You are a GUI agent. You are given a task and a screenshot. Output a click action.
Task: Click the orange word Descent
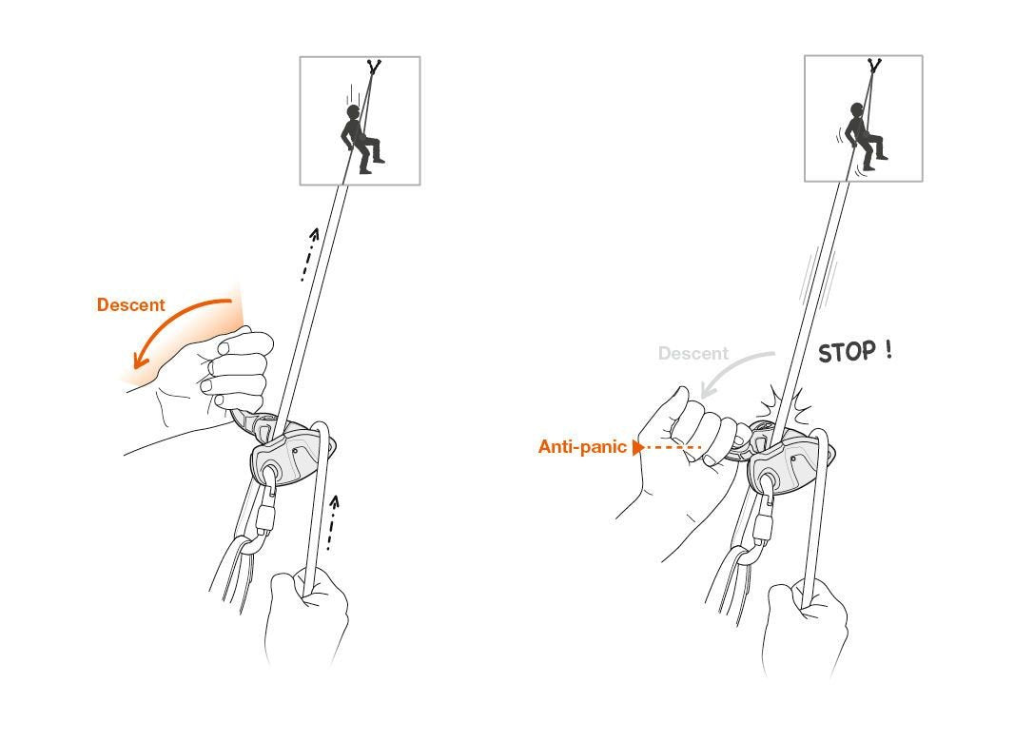click(x=130, y=305)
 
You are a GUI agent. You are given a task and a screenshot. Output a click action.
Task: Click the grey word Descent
click(x=693, y=354)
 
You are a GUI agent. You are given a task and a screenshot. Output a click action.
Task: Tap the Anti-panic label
click(x=581, y=446)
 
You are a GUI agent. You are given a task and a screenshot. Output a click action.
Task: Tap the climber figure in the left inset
click(x=359, y=138)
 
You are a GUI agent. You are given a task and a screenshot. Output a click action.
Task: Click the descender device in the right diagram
click(x=782, y=462)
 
